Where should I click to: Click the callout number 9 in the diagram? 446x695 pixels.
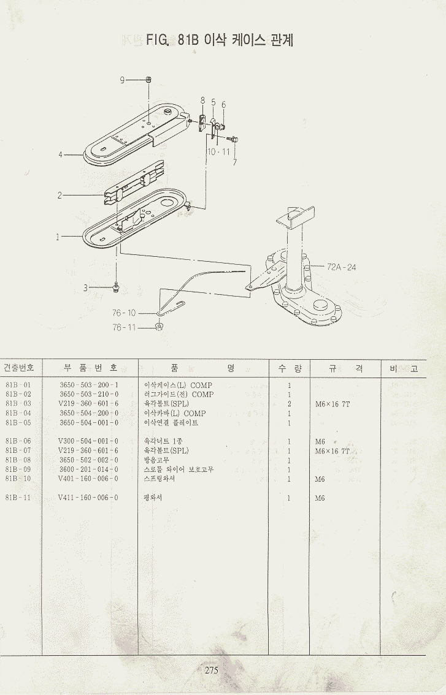122,80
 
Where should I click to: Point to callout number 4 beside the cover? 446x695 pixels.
61,154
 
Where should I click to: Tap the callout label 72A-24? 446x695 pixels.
341,267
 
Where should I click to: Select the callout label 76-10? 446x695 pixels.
124,313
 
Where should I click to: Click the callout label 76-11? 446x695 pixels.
124,327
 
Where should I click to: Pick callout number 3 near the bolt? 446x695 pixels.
87,287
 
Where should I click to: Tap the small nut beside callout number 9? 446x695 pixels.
149,80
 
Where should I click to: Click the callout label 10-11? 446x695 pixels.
218,151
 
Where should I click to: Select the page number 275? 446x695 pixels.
211,670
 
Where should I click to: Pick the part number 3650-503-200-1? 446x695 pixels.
88,385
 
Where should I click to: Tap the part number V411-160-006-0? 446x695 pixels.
88,498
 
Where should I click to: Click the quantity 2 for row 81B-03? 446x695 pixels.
289,404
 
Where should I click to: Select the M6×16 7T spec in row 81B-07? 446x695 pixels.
332,451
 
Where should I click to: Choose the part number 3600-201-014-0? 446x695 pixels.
88,469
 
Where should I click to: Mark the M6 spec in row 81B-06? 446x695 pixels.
320,442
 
